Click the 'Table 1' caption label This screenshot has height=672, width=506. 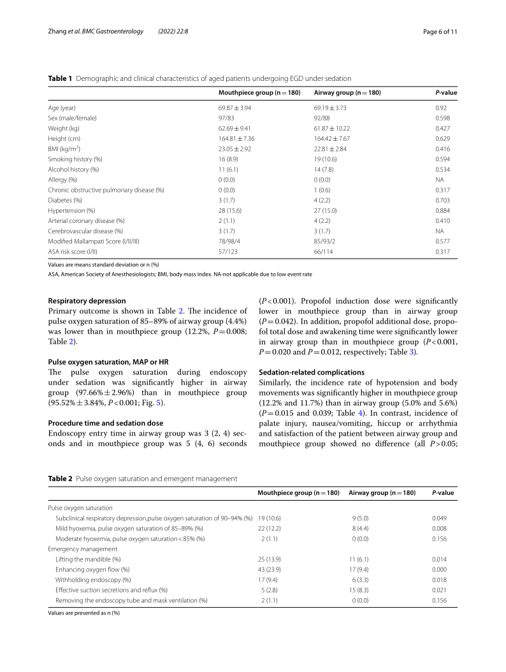60,78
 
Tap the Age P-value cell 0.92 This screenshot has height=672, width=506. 441,108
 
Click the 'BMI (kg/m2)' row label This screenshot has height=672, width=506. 67,148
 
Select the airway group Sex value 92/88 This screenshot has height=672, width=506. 322,118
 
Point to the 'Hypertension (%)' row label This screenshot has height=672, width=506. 71,210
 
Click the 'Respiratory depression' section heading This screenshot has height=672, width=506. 87,301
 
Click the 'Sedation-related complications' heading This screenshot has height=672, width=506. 310,372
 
